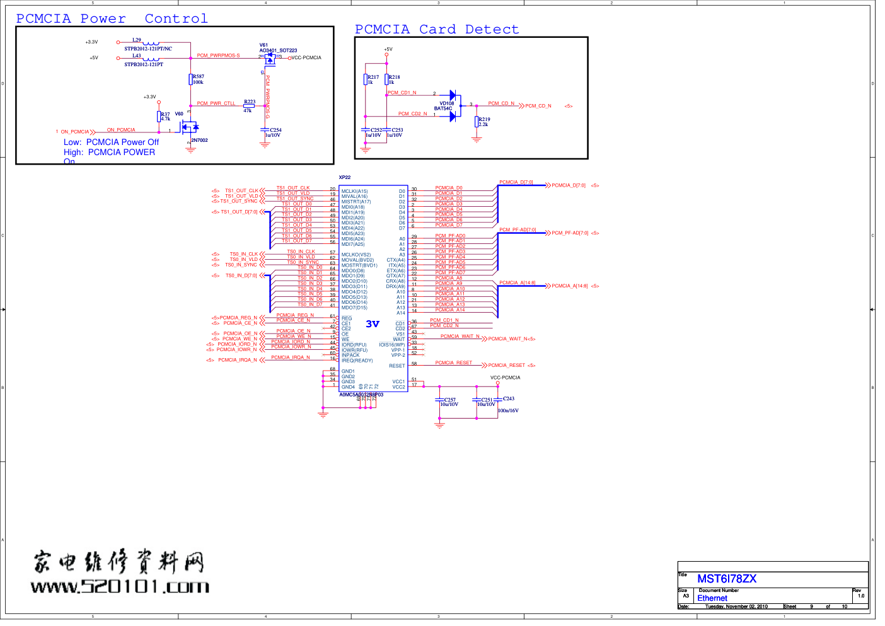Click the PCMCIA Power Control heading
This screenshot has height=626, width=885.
pos(112,19)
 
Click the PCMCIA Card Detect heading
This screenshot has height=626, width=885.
pos(437,30)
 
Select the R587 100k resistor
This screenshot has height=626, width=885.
pos(191,79)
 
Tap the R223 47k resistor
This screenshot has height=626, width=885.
pos(249,106)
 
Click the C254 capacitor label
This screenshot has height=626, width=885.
pos(275,130)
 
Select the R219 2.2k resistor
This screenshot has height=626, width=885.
pos(477,122)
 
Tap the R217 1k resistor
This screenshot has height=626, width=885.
pos(366,79)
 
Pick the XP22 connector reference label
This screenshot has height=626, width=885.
pos(344,178)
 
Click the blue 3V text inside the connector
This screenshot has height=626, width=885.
pos(373,324)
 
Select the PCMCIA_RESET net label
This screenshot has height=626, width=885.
pos(453,362)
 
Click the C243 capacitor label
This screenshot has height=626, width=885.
pos(509,398)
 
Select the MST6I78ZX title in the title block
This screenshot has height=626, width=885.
pos(726,579)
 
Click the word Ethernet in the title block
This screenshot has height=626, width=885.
pos(712,598)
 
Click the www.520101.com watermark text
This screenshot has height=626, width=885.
pos(120,587)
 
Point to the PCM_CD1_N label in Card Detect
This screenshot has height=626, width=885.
pos(402,93)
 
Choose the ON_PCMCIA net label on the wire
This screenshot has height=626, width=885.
pos(121,130)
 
